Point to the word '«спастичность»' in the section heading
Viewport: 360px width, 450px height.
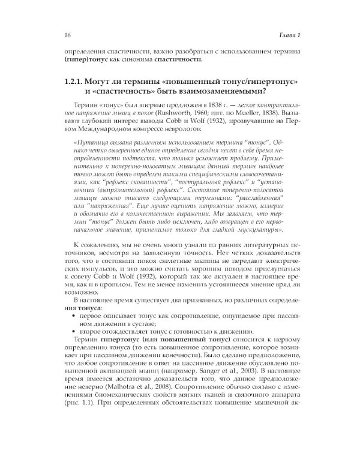107,92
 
